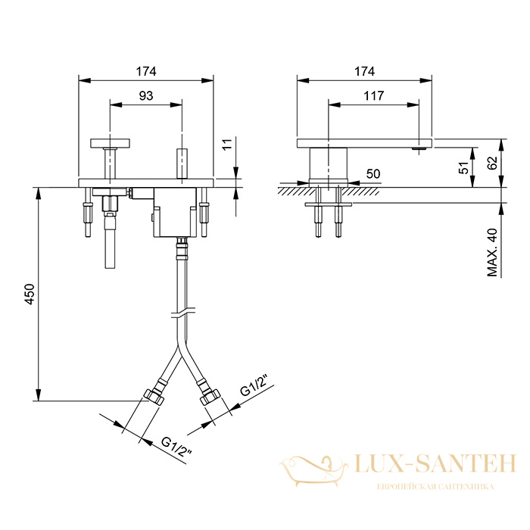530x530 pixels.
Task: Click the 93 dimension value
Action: pos(146,96)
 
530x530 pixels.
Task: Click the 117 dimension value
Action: pos(374,96)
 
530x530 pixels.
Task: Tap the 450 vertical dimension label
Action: pos(30,295)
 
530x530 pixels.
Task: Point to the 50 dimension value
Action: pos(373,173)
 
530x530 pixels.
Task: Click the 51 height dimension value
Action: pos(464,167)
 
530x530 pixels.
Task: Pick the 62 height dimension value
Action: pos(493,163)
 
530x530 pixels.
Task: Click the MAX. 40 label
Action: pos(493,252)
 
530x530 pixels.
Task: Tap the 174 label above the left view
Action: pos(146,71)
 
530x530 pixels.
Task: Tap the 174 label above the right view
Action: pos(364,71)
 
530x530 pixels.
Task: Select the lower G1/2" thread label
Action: pos(176,447)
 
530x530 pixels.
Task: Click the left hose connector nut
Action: pos(154,397)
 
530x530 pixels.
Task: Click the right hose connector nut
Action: pos(210,397)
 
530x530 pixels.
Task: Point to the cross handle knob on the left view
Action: pos(111,143)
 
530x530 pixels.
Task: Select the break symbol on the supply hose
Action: pos(182,313)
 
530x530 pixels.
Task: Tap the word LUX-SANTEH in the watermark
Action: pos(435,463)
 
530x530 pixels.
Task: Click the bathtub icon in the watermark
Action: pos(313,470)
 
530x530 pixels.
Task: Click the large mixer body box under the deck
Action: pos(175,212)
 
